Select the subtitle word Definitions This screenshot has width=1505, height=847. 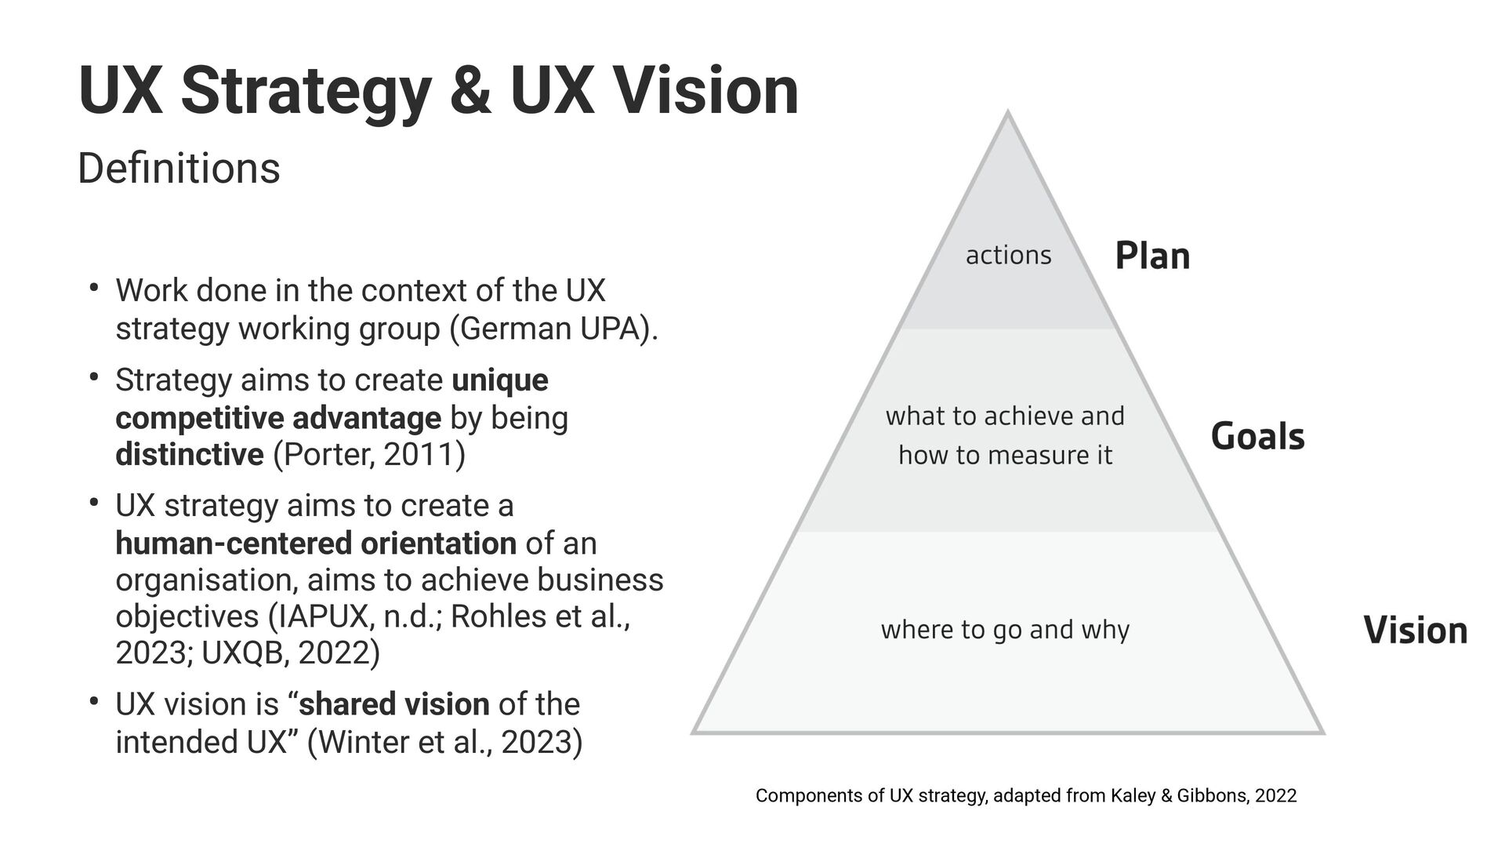pos(179,169)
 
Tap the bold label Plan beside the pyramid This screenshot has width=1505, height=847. pos(1152,256)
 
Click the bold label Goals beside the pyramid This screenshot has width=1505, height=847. pos(1257,437)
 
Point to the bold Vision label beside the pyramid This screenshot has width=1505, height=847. pos(1415,631)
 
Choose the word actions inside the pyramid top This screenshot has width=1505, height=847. pos(1008,256)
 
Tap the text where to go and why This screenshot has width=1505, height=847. pos(1005,630)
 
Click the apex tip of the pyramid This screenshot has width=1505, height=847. pos(1008,114)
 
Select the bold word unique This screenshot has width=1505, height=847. pos(500,380)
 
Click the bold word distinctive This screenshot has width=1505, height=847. pos(190,455)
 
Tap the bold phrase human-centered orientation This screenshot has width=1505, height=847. pos(316,543)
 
